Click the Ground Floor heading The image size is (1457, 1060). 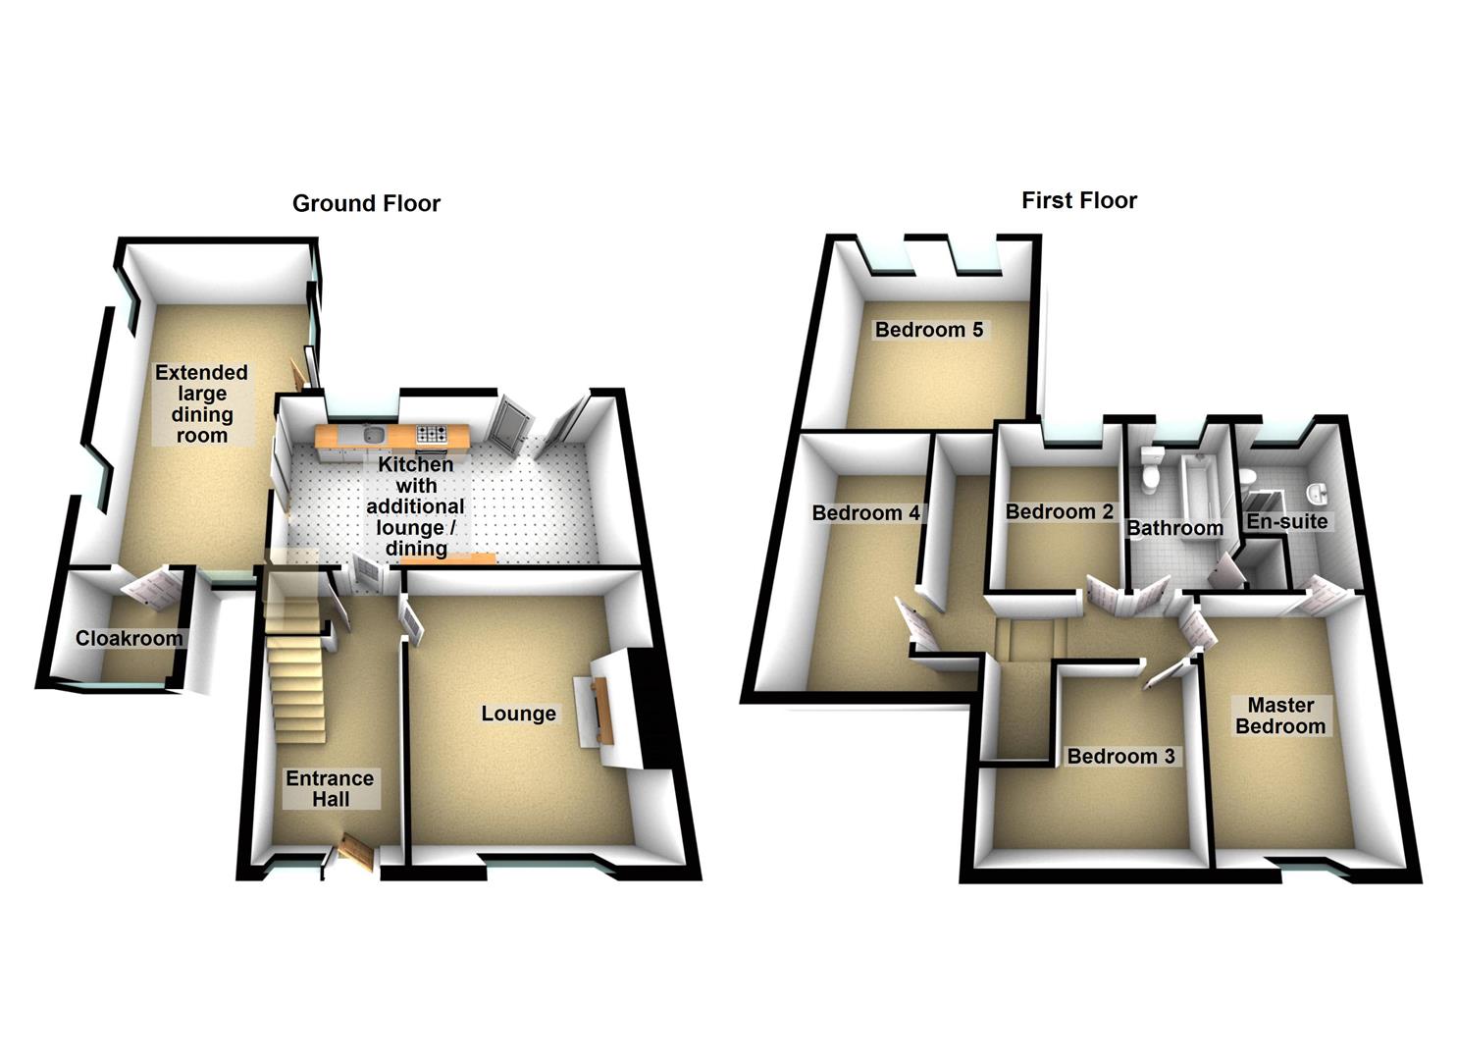coord(366,204)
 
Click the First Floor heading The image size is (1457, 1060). coord(1079,200)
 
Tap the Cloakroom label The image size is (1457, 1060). coord(129,638)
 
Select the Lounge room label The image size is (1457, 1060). coord(518,714)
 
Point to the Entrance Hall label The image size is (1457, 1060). coord(330,789)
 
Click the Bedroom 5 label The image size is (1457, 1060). coord(929,329)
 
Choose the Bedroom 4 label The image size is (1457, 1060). coord(865,512)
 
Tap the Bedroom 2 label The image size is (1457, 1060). coord(1059,511)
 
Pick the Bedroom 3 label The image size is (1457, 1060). coord(1120,756)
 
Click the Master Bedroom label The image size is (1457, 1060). coord(1280,715)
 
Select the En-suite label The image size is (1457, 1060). coord(1286,521)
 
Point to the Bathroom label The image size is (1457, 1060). coord(1174,528)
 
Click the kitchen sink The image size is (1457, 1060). coord(375,434)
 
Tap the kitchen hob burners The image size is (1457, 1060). coord(432,434)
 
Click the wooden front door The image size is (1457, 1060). coord(357,852)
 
